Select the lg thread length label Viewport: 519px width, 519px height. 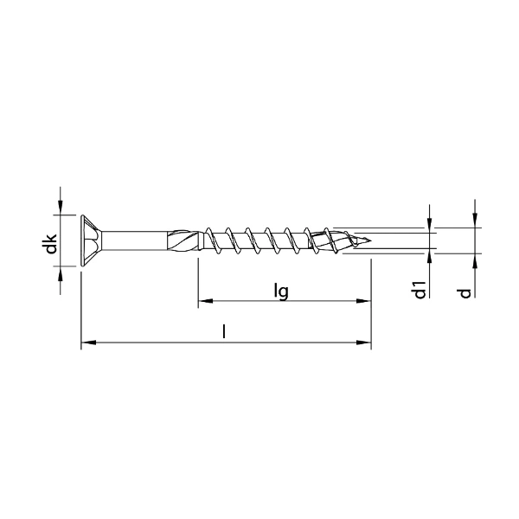pyautogui.click(x=280, y=291)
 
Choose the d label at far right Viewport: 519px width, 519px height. pyautogui.click(x=465, y=292)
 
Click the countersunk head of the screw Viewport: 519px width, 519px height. pyautogui.click(x=90, y=240)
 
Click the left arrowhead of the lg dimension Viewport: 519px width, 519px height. pyautogui.click(x=204, y=302)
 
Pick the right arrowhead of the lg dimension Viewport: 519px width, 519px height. pyautogui.click(x=364, y=302)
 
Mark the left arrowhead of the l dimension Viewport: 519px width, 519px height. pyautogui.click(x=86, y=344)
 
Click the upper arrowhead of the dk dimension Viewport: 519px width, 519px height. pyautogui.click(x=61, y=208)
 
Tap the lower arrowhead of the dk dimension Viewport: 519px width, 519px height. pyautogui.click(x=61, y=272)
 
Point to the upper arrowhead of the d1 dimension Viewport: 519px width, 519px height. pyautogui.click(x=430, y=224)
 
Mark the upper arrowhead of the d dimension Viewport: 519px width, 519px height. pyautogui.click(x=475, y=221)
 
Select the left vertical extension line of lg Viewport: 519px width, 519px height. pyautogui.click(x=198, y=277)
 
